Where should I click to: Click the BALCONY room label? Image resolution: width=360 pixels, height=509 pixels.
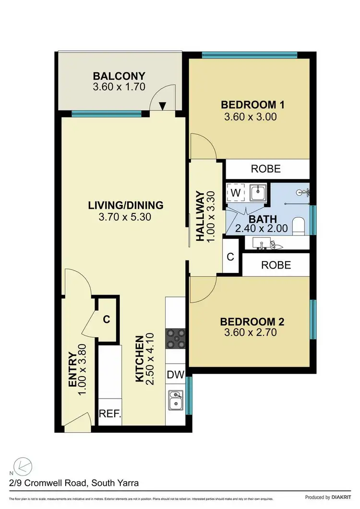pos(119,76)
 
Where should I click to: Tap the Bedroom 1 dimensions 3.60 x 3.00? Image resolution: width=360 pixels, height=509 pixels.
pos(250,117)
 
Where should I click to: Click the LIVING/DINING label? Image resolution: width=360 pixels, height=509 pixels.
pos(126,205)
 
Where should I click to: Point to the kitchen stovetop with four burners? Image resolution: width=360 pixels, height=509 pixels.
pos(176,340)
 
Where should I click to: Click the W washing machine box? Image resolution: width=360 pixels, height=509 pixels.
pos(235,192)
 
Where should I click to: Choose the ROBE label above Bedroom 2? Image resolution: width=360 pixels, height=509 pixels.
pos(276,265)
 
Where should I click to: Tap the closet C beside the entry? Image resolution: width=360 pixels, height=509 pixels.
pos(107,319)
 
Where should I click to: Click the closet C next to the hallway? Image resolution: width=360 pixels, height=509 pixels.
pos(230,257)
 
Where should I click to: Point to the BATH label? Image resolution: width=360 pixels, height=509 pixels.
pos(262,218)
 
